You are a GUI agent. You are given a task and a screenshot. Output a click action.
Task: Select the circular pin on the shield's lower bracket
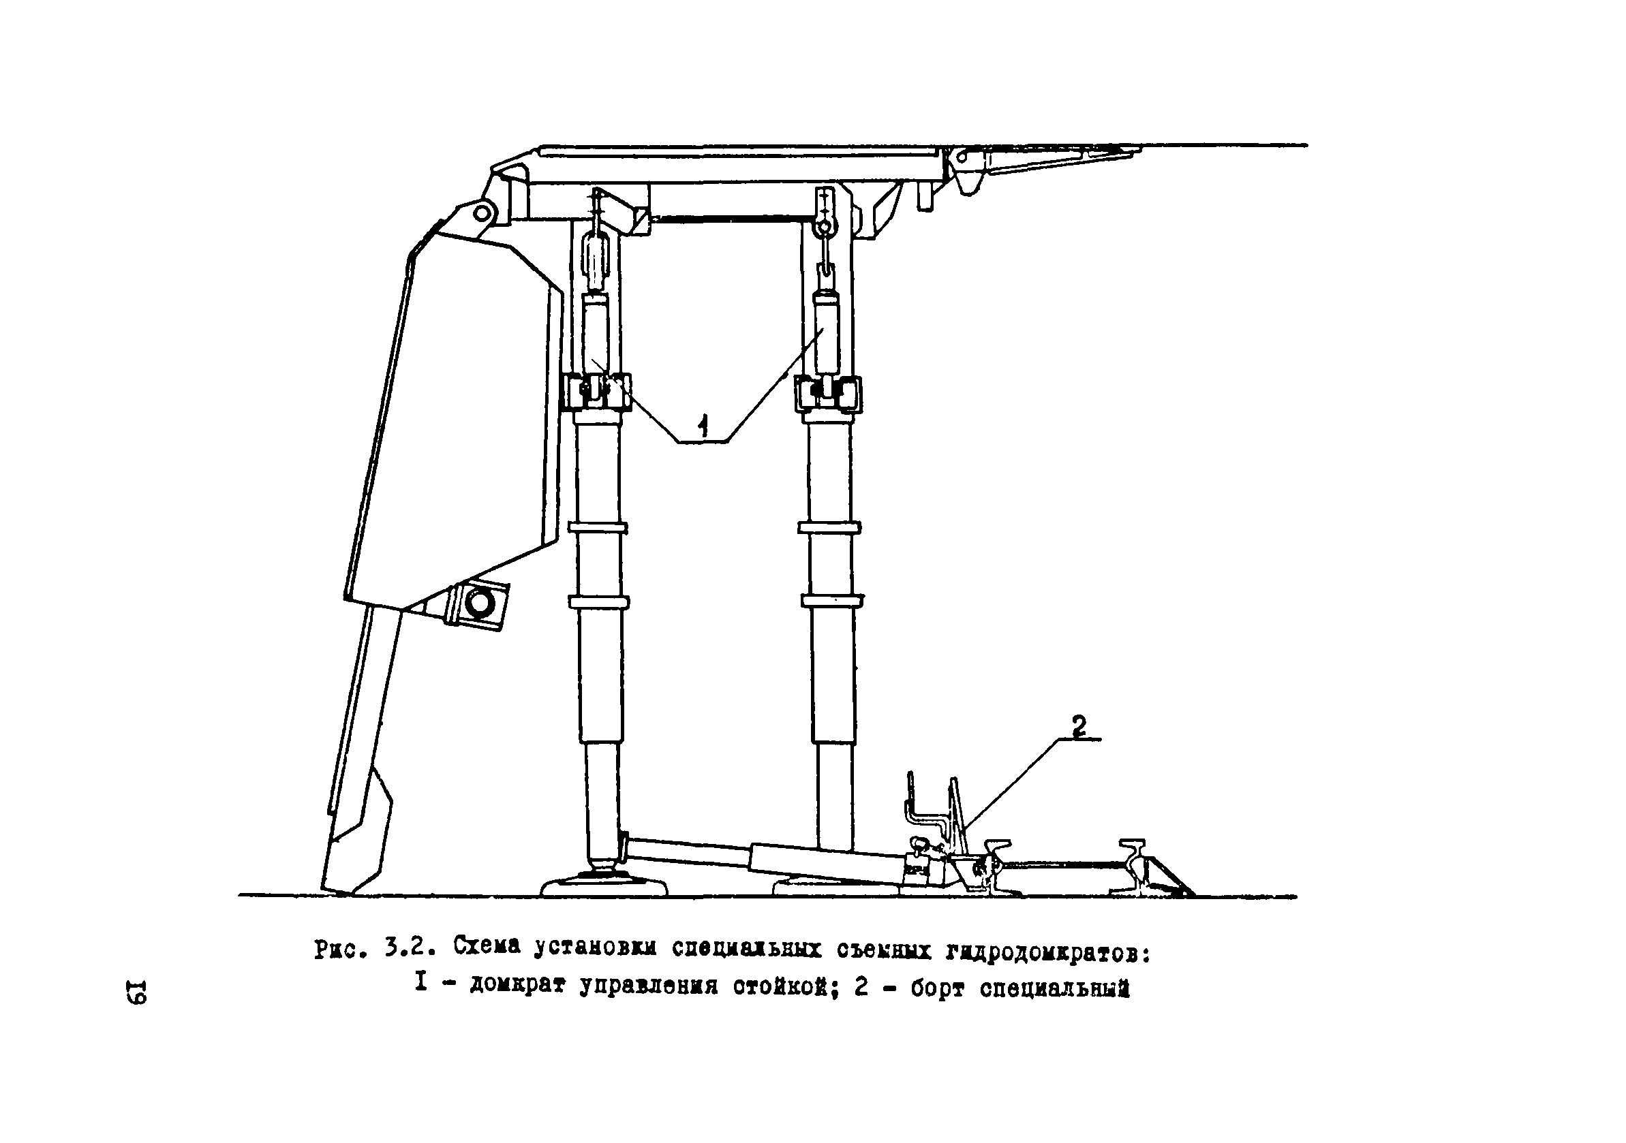[x=480, y=603]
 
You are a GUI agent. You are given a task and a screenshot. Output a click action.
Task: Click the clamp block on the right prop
[x=828, y=393]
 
